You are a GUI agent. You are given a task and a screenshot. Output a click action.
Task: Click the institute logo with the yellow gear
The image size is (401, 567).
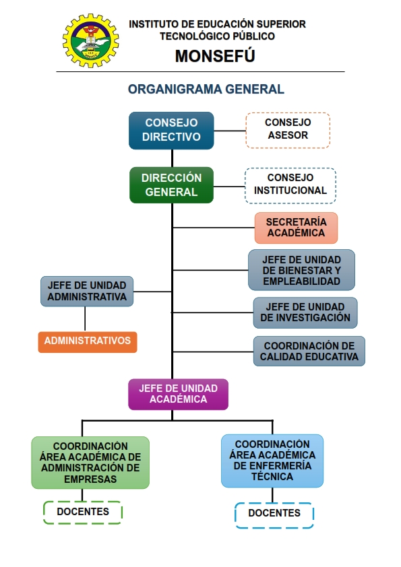tap(90, 40)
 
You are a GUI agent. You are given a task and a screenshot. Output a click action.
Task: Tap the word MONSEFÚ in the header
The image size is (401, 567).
tap(215, 56)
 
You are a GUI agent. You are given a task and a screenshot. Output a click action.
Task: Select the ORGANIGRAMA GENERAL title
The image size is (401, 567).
tap(206, 90)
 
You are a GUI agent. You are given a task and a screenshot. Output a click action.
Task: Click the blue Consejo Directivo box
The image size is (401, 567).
tap(171, 131)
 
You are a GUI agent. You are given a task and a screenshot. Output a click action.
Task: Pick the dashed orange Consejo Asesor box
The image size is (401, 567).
tap(288, 130)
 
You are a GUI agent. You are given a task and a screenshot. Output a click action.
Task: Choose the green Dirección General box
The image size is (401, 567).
tap(171, 185)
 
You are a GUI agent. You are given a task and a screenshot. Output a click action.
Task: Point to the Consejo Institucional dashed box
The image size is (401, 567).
tap(290, 185)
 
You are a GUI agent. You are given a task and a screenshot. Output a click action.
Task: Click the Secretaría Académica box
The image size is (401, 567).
tap(296, 228)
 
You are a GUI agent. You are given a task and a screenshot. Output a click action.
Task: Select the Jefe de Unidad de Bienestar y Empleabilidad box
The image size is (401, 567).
tap(301, 270)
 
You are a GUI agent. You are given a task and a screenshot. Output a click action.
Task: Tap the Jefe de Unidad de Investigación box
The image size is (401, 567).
tap(305, 312)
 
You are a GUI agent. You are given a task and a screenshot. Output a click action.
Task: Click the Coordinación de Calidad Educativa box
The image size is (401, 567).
tap(309, 352)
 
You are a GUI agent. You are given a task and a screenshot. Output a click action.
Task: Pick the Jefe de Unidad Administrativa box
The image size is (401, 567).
tap(87, 292)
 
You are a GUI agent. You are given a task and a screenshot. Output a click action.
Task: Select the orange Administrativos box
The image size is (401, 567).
tap(88, 341)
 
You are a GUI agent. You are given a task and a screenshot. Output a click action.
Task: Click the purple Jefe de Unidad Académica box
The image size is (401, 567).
tap(179, 394)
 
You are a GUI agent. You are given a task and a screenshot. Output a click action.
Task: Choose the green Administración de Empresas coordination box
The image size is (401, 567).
tap(90, 463)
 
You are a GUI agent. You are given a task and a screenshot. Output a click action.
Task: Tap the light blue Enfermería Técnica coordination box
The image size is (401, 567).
tap(272, 461)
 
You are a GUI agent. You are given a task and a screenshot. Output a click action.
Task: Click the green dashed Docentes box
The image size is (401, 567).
tap(83, 512)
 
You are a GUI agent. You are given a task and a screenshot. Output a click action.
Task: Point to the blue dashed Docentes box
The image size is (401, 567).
tap(274, 515)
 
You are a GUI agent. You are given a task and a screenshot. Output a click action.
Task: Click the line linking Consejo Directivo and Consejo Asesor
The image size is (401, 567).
tap(230, 131)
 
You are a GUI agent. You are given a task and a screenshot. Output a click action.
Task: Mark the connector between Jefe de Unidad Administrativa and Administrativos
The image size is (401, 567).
tap(85, 319)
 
